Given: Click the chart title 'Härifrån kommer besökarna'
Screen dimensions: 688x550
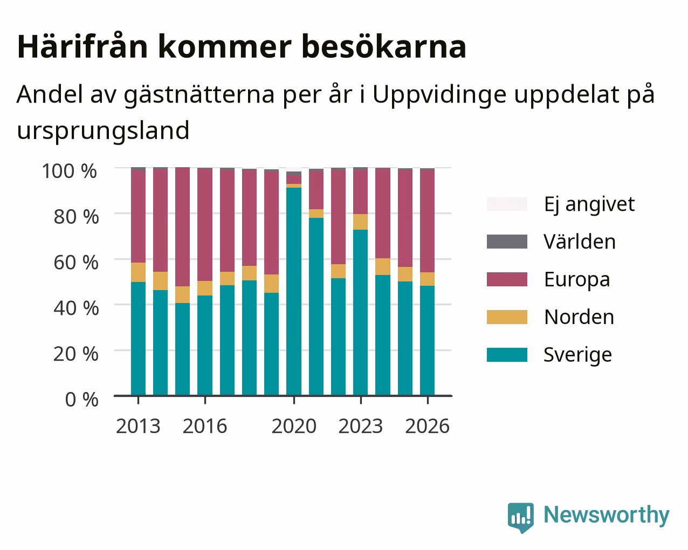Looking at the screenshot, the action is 242,47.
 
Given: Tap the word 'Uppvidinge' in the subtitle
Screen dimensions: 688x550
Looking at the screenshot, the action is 439,95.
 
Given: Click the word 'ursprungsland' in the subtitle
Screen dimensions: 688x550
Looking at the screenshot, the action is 103,131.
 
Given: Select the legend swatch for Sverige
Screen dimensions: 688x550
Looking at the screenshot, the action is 507,355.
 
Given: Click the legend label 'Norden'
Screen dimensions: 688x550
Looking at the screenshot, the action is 579,317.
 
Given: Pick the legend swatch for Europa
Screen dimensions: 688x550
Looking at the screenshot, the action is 507,279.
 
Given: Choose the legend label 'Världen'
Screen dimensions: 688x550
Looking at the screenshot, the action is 579,242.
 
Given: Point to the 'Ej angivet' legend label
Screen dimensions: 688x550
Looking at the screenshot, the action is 589,204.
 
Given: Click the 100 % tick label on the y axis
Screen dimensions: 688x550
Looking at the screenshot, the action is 70,171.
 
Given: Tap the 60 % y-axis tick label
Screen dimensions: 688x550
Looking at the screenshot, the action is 76,263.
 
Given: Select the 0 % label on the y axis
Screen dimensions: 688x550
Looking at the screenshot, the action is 81,400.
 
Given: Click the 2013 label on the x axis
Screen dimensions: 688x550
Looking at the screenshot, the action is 138,426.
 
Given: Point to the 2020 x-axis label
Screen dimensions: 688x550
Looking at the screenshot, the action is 294,426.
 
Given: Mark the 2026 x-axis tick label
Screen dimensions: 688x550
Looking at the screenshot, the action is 428,426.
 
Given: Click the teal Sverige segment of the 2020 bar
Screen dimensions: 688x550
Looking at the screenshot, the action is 294,291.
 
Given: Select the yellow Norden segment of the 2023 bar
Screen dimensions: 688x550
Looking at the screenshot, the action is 360,222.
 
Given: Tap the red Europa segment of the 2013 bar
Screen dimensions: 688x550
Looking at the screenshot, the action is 138,216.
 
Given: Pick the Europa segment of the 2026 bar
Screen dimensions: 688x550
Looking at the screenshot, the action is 427,221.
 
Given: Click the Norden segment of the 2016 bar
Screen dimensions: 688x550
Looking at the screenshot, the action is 204,288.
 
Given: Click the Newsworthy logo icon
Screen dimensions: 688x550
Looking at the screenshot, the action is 520,518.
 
